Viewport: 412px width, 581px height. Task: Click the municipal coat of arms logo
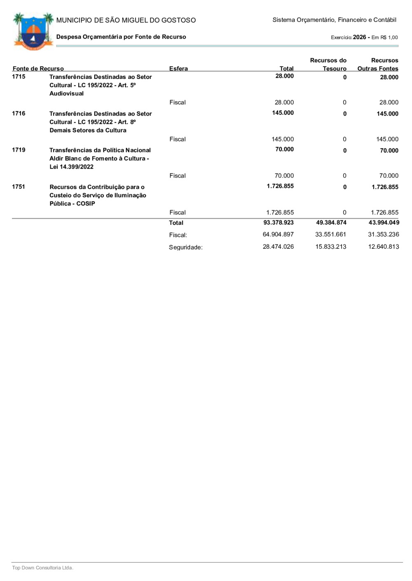(33, 31)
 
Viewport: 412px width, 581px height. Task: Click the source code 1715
(19, 77)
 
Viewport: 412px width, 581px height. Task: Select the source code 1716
(19, 113)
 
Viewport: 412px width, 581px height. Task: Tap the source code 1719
(19, 150)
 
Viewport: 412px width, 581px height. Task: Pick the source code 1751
(19, 187)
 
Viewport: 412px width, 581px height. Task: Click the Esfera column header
(178, 69)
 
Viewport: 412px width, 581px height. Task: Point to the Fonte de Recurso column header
(38, 69)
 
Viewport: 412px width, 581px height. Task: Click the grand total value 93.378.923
(279, 223)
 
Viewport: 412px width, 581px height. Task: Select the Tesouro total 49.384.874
(331, 223)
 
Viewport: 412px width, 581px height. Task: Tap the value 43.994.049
(384, 223)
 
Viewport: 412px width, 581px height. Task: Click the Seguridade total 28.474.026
(279, 247)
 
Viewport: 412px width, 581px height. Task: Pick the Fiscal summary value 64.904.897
(279, 234)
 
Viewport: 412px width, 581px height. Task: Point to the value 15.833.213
(331, 247)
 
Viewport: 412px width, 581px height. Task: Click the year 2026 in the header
(359, 37)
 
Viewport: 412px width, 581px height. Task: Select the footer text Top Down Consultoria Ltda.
(42, 568)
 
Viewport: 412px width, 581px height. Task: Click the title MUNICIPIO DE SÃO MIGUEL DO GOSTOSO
(126, 20)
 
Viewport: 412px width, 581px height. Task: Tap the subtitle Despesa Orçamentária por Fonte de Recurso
(121, 37)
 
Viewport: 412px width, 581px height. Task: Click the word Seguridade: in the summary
(185, 248)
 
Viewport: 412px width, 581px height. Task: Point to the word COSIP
(86, 204)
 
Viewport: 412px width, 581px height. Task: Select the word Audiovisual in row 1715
(66, 94)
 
